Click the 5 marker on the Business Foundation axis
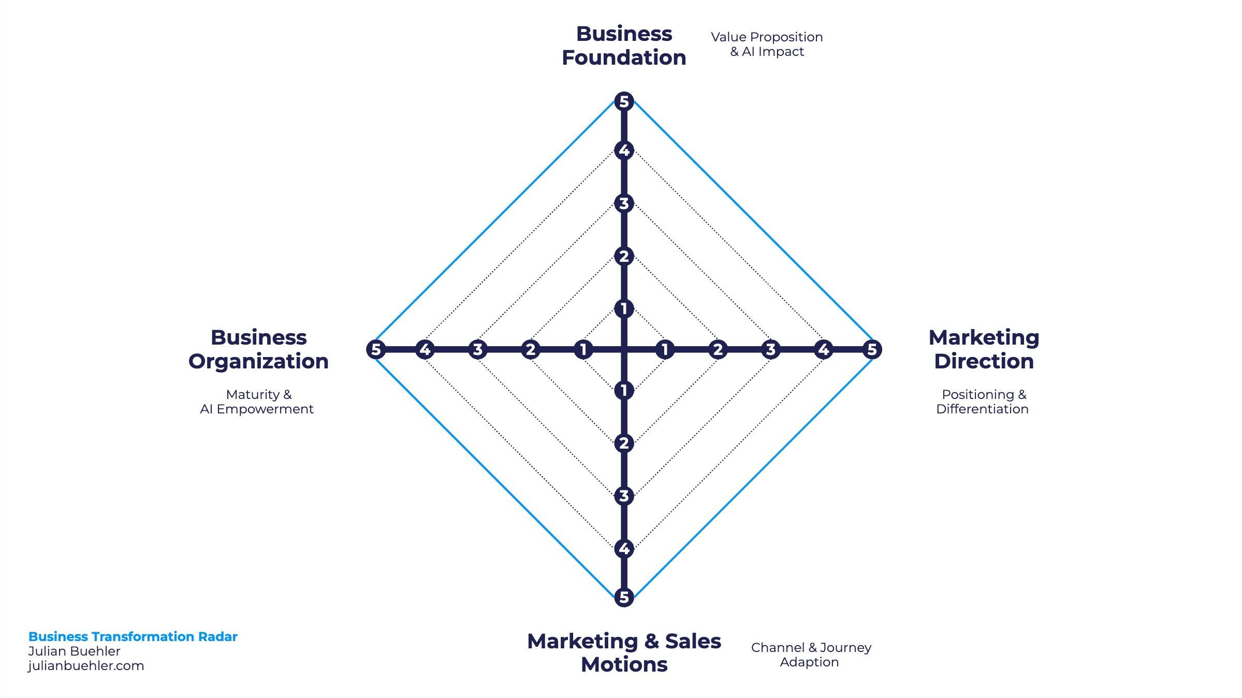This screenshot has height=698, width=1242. [624, 101]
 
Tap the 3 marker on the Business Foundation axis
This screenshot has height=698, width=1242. [624, 203]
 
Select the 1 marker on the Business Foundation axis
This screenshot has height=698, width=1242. [624, 308]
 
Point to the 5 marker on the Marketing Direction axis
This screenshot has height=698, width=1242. [872, 349]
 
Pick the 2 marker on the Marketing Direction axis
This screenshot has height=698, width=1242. [718, 349]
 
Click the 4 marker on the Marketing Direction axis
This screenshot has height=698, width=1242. [823, 349]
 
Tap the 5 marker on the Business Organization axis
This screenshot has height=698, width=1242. [376, 349]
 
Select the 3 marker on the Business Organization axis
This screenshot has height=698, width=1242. [477, 349]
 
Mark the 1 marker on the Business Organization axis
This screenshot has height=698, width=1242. [583, 349]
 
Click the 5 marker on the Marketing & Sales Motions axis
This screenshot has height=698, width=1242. [624, 597]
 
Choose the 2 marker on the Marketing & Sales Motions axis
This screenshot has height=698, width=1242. [624, 443]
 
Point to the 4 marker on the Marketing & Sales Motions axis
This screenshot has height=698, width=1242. [624, 548]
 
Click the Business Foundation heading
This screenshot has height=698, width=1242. [624, 46]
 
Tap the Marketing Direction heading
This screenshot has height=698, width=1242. [984, 349]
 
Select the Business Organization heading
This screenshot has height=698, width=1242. [258, 349]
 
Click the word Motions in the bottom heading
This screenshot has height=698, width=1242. [624, 665]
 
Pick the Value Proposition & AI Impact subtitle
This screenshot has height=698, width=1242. [767, 44]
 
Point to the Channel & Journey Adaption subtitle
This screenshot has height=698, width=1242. [811, 655]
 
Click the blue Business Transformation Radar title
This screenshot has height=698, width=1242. [133, 636]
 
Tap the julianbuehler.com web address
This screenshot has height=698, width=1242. [86, 666]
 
